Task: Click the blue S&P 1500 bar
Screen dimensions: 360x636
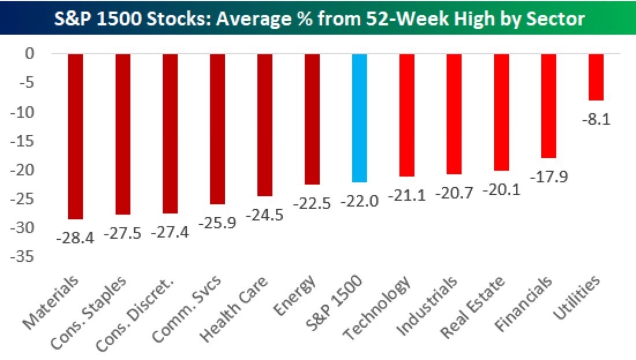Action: click(359, 118)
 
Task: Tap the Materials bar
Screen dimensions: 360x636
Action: click(76, 136)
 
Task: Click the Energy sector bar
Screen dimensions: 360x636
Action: click(312, 119)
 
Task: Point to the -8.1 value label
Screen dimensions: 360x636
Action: click(596, 120)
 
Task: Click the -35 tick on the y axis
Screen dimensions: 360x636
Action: click(27, 258)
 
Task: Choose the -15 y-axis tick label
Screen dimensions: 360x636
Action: click(27, 142)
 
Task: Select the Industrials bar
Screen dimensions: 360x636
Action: click(454, 114)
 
